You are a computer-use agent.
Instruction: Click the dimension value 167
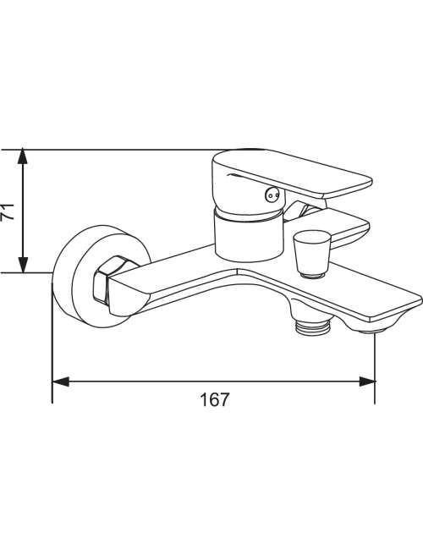[215, 399]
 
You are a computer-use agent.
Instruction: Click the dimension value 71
[8, 211]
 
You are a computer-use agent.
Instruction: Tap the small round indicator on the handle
[272, 195]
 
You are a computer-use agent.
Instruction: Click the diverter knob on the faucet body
[311, 253]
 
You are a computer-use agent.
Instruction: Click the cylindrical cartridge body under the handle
[249, 235]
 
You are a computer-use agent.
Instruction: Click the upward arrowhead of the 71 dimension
[23, 156]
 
